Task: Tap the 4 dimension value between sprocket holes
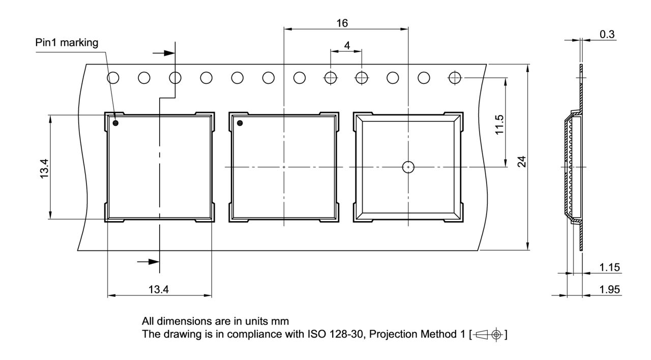click(x=347, y=45)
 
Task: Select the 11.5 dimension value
click(x=499, y=124)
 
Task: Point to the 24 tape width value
click(x=521, y=161)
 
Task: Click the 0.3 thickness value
click(x=607, y=35)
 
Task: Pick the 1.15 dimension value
click(x=610, y=267)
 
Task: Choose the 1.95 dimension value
click(x=610, y=289)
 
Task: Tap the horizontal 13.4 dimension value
click(x=159, y=290)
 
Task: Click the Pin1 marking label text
click(x=67, y=42)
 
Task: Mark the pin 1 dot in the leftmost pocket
click(x=116, y=123)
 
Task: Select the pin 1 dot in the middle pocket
click(x=240, y=123)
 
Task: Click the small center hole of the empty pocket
click(x=408, y=167)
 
